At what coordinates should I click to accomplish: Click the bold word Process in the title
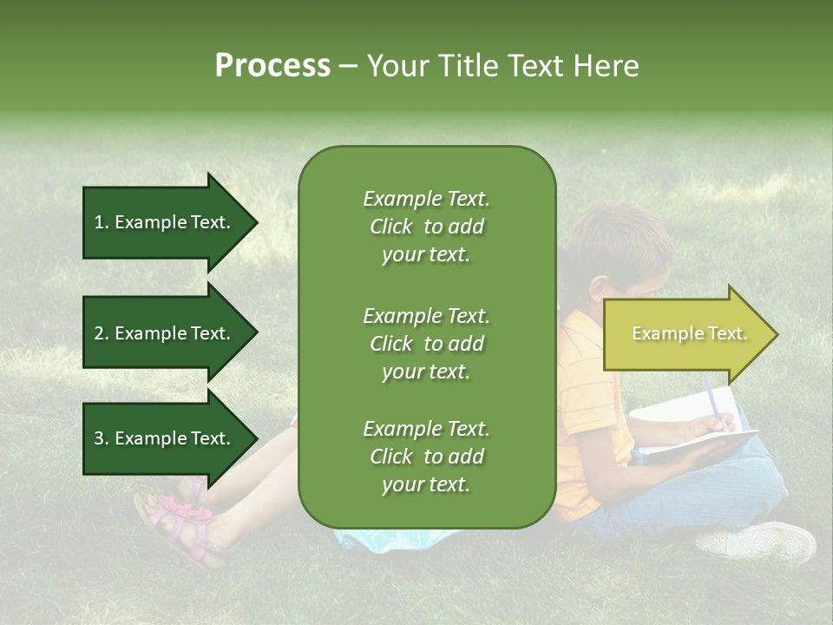(x=272, y=66)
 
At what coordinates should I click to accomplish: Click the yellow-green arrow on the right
(x=685, y=334)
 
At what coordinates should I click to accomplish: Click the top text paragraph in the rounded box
(x=426, y=227)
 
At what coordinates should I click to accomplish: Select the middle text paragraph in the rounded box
(x=426, y=344)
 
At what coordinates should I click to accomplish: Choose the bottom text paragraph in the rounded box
(x=426, y=457)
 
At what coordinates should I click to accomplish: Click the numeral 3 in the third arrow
(x=98, y=438)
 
